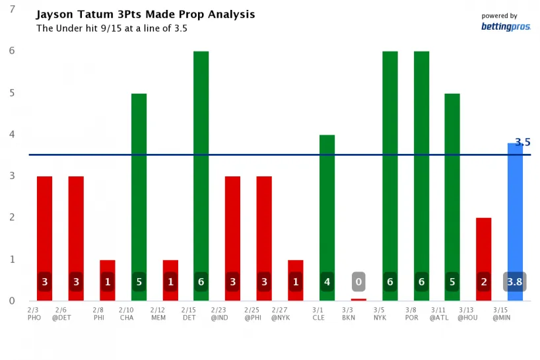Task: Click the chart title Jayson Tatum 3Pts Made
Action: point(145,15)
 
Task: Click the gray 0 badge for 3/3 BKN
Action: point(358,282)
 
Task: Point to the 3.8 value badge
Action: point(515,282)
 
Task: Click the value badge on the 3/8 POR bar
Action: point(422,282)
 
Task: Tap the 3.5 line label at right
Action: point(523,142)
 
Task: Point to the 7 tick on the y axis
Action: point(11,9)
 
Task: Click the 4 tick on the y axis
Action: point(11,134)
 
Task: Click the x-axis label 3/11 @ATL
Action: point(438,313)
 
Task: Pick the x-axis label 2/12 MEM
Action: point(158,313)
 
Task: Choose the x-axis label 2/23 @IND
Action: point(219,313)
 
